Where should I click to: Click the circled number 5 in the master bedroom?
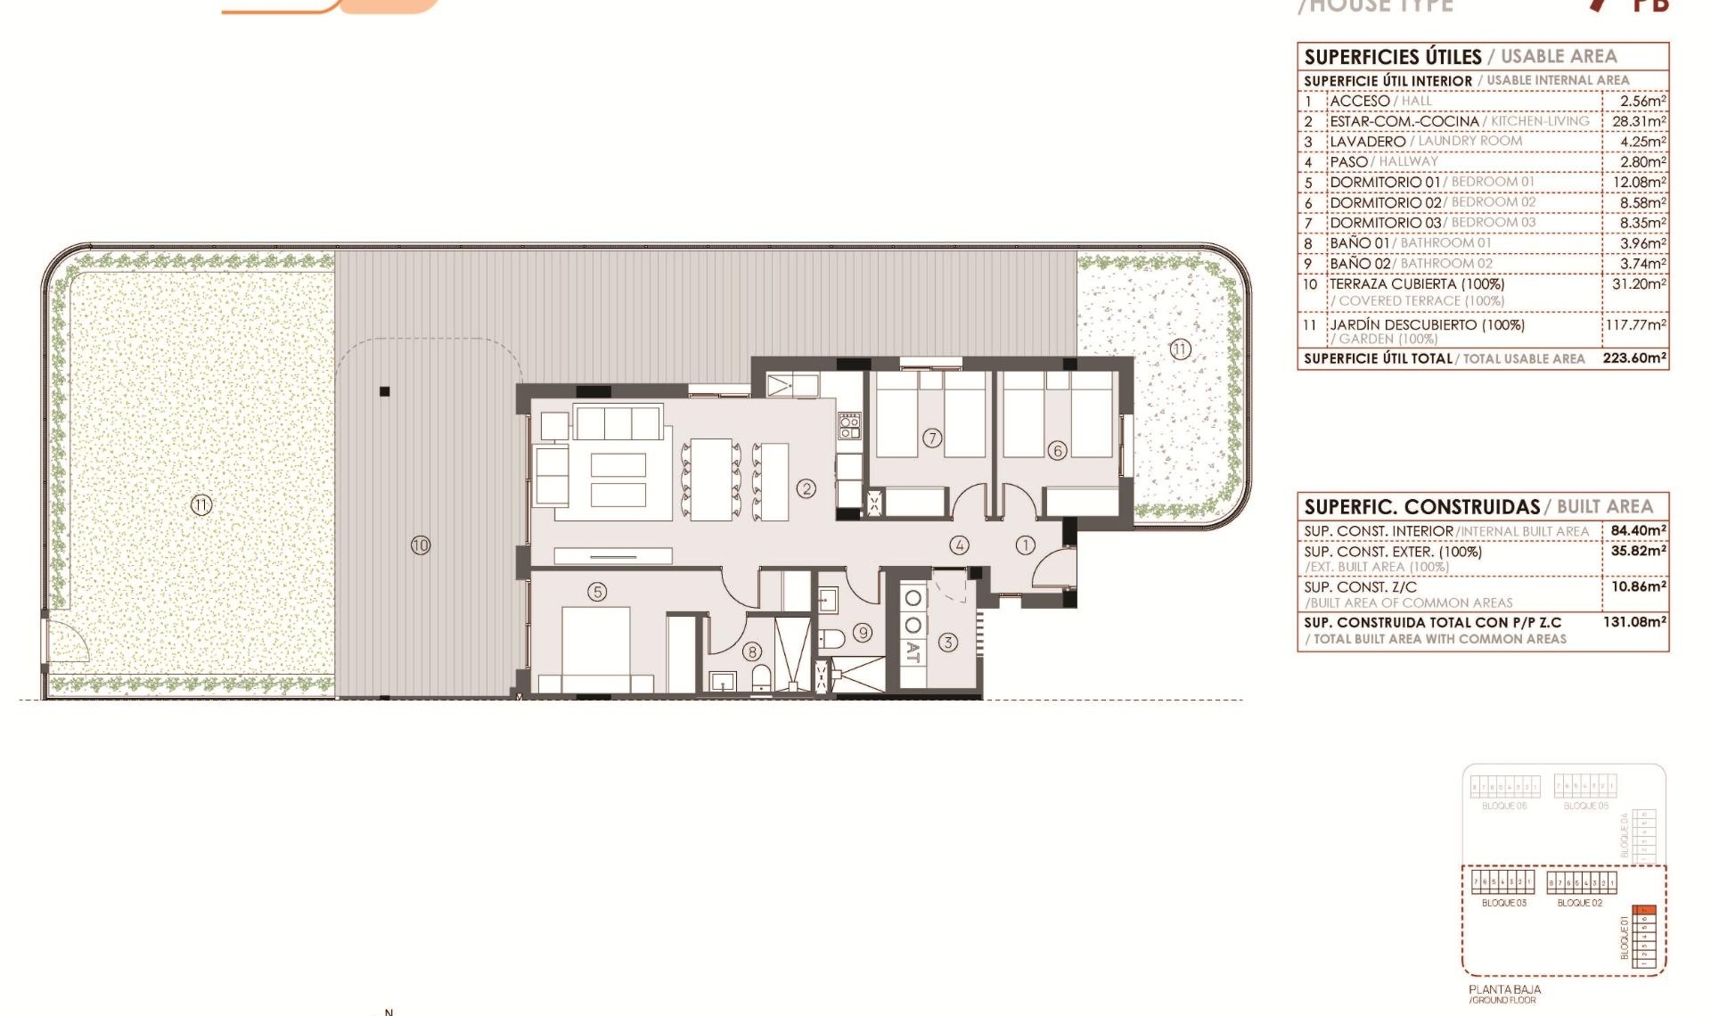click(x=597, y=592)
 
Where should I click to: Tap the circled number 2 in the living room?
click(x=806, y=488)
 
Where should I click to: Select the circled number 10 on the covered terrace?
click(x=421, y=545)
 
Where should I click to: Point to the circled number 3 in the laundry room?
click(x=948, y=642)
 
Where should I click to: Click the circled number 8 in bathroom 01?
click(x=752, y=651)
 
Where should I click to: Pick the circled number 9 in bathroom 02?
click(x=862, y=633)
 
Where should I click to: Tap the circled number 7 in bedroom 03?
click(x=932, y=438)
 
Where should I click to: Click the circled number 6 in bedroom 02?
click(x=1058, y=450)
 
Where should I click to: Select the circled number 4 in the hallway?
click(x=959, y=545)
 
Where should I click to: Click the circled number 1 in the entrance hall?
click(x=1026, y=545)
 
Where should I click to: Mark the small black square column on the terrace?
click(x=385, y=391)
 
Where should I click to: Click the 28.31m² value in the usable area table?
click(x=1638, y=121)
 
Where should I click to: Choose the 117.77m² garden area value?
click(x=1635, y=325)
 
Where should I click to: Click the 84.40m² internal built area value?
click(x=1638, y=530)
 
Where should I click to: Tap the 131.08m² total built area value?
click(x=1634, y=622)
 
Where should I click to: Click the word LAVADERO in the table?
click(x=1367, y=142)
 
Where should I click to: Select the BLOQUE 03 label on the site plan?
click(x=1503, y=903)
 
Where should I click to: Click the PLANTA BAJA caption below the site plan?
click(x=1504, y=989)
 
